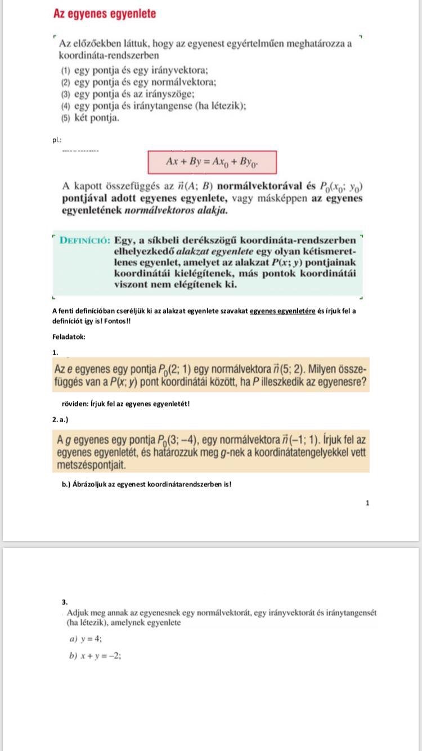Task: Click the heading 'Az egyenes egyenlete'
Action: click(104, 14)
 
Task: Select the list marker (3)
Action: click(66, 95)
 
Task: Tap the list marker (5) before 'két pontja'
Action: click(66, 119)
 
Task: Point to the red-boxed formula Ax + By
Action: click(212, 162)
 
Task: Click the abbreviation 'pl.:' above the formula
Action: click(57, 140)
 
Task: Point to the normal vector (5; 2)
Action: click(289, 369)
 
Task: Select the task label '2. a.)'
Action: click(60, 419)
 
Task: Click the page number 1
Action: click(367, 503)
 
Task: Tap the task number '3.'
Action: click(65, 601)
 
